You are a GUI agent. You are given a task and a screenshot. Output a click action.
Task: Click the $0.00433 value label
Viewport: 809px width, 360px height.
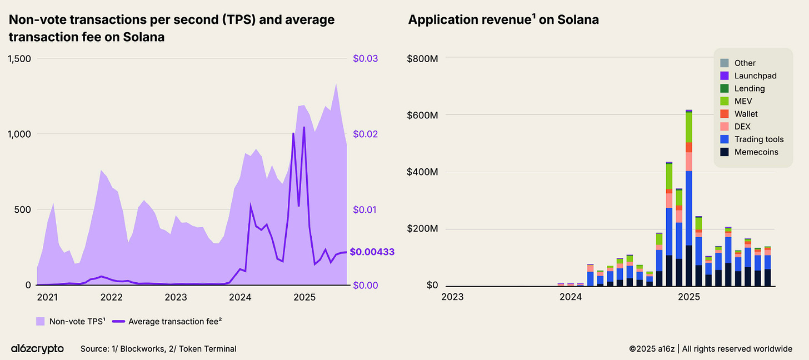tap(372, 252)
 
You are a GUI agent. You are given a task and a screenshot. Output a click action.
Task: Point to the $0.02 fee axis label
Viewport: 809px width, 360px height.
tap(365, 134)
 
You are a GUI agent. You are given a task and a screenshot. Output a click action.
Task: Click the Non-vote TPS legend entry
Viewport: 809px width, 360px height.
tap(71, 321)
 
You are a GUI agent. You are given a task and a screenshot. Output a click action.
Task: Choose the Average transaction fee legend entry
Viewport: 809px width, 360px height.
tap(169, 321)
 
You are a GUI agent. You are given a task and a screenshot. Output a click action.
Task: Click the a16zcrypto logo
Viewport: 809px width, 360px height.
tap(37, 349)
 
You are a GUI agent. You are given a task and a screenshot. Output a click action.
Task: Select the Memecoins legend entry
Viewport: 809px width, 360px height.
tap(756, 152)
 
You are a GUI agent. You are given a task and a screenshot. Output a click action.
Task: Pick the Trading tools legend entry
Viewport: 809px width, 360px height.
tap(759, 139)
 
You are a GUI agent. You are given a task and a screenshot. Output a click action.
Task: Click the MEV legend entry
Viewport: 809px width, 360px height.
tap(743, 101)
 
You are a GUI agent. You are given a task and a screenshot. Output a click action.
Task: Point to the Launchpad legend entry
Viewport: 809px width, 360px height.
tap(755, 76)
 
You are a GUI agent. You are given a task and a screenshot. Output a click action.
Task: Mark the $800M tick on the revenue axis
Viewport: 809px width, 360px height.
tap(423, 58)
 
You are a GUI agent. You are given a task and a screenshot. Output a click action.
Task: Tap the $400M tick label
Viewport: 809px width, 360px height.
tap(423, 172)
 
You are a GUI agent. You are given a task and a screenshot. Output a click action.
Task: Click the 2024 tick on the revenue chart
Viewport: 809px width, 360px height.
tap(571, 298)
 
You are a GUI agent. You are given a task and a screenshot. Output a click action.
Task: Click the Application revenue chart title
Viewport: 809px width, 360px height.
tap(503, 20)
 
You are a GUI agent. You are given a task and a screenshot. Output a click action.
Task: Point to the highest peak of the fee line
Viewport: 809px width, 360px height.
tap(304, 128)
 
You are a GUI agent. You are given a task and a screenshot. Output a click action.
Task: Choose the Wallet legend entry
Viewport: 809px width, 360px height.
tap(746, 114)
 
